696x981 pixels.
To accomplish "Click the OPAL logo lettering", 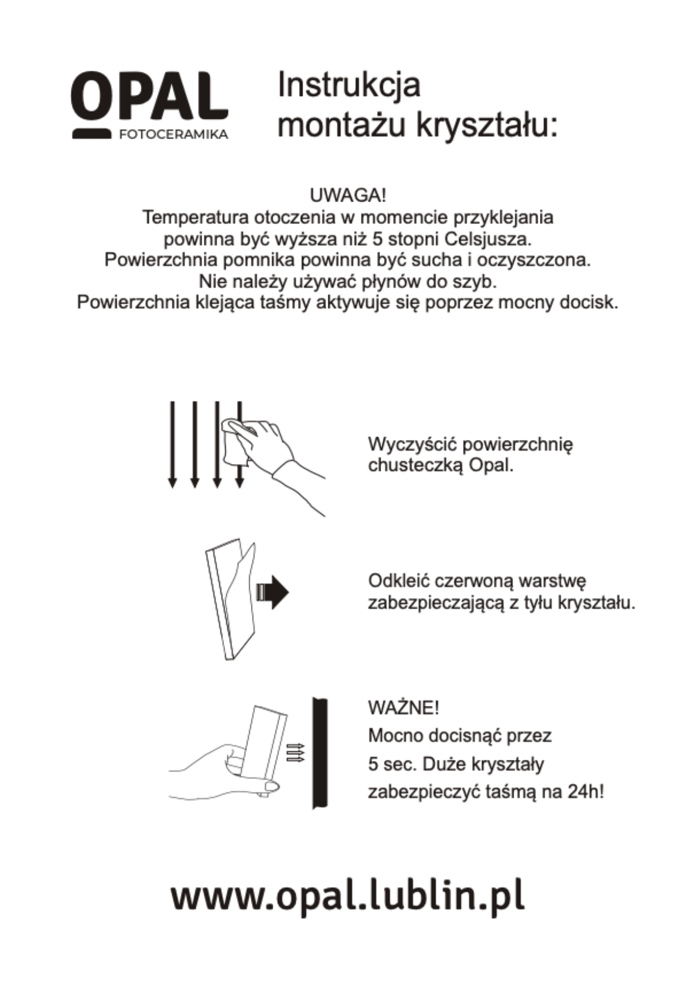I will tap(149, 97).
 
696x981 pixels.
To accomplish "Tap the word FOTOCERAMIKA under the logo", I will tap(173, 135).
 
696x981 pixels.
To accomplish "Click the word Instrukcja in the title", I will tap(349, 86).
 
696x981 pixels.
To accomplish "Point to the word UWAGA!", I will tap(348, 196).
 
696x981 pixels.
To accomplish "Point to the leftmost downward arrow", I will tap(173, 443).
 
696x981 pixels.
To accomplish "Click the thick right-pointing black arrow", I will tap(273, 592).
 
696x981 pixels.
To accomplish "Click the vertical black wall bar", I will tap(320, 753).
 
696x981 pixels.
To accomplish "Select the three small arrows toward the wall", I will tap(295, 752).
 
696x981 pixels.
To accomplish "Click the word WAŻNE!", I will tap(404, 708).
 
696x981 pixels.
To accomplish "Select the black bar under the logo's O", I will tap(91, 134).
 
